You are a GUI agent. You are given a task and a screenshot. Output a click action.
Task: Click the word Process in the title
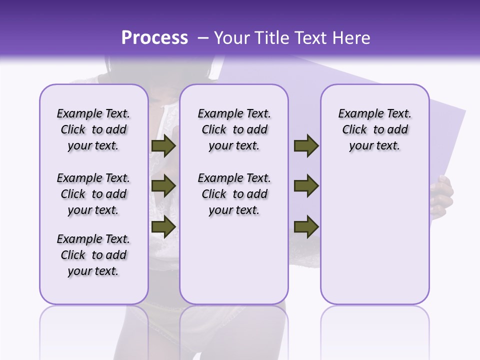(154, 37)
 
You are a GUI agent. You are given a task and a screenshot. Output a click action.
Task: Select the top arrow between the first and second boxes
(163, 145)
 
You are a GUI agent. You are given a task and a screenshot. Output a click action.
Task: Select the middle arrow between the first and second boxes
(163, 186)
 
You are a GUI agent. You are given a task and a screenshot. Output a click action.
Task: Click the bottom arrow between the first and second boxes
(163, 226)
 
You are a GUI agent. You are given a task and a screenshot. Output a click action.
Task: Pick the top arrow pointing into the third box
(306, 145)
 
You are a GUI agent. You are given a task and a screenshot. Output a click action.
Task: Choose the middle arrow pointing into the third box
(306, 186)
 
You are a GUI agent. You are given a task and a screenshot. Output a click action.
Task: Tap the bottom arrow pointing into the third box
(306, 226)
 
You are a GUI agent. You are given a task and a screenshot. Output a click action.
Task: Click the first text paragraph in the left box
(93, 129)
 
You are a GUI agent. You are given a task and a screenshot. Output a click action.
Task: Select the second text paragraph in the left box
(93, 194)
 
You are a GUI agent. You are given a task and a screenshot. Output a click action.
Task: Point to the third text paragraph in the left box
(93, 255)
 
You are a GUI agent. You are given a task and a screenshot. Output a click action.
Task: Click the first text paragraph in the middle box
(234, 129)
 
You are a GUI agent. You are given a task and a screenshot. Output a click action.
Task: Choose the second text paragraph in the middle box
(234, 194)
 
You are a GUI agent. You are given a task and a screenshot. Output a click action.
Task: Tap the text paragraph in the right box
(374, 129)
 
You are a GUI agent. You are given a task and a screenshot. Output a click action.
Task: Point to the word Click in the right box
(354, 129)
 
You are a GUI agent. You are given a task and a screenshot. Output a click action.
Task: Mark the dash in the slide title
(203, 37)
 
